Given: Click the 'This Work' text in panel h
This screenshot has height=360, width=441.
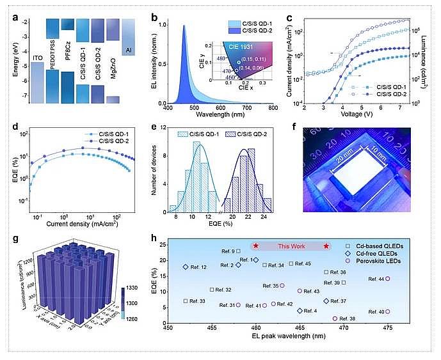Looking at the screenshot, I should pyautogui.click(x=291, y=246).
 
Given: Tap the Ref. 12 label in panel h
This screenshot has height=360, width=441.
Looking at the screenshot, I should pyautogui.click(x=198, y=267).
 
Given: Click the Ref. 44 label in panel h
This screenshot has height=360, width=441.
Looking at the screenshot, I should pyautogui.click(x=377, y=279).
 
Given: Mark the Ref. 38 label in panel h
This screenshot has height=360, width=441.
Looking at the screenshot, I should pyautogui.click(x=348, y=318).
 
